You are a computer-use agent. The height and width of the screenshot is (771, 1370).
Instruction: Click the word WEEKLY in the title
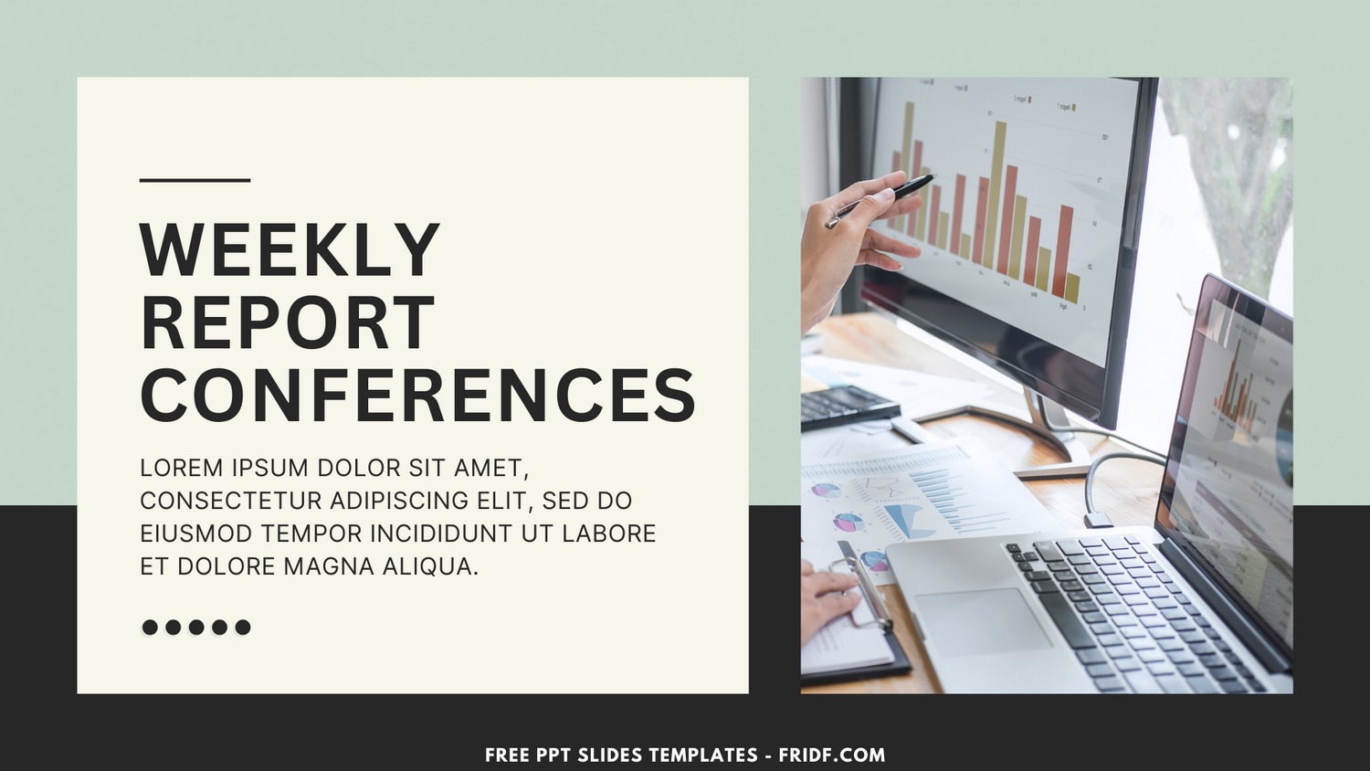290,249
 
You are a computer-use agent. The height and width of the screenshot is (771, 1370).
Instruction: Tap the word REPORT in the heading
288,322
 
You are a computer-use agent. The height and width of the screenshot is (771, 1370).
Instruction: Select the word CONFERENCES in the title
417,396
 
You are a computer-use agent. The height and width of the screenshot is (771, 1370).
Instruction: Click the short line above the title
195,180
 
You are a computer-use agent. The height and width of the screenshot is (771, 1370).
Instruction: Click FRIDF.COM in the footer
831,755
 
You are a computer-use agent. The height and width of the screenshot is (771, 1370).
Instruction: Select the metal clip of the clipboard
864,585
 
